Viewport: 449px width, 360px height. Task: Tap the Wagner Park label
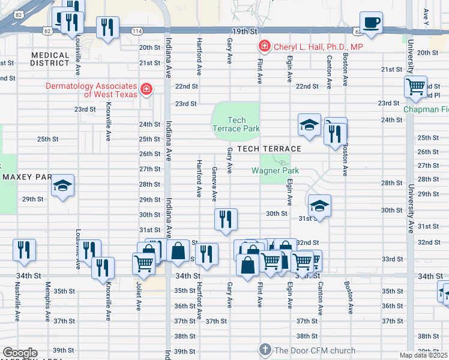(275, 170)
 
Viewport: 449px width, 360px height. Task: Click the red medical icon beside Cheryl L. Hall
(264, 46)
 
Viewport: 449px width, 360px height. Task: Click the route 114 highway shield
(137, 31)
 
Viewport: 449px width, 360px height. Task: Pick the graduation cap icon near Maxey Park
(62, 187)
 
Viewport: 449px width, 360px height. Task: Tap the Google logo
(20, 353)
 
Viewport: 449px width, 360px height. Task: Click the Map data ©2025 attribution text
(423, 355)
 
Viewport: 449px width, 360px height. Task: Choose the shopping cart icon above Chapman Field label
(415, 88)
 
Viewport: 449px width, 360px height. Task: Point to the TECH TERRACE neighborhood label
(268, 148)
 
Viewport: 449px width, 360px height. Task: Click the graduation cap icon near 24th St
(309, 125)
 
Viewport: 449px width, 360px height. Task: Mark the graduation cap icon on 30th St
(319, 206)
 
